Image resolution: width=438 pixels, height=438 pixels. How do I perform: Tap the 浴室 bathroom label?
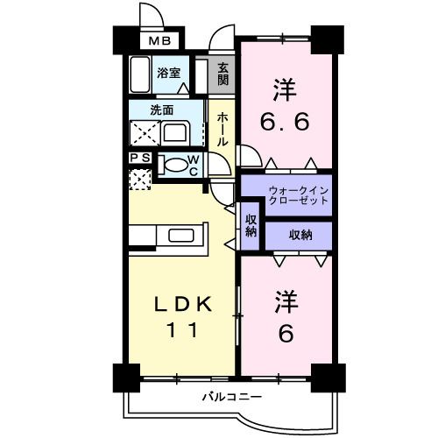[x=169, y=74]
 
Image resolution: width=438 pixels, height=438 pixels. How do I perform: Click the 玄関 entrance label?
[x=223, y=74]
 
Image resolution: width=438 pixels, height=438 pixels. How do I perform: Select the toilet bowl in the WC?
[x=174, y=164]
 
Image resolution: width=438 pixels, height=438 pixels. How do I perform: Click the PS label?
[x=139, y=159]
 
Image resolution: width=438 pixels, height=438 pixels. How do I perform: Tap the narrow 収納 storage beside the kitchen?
[x=251, y=225]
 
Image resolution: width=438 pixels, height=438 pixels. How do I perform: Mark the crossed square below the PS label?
[x=139, y=178]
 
